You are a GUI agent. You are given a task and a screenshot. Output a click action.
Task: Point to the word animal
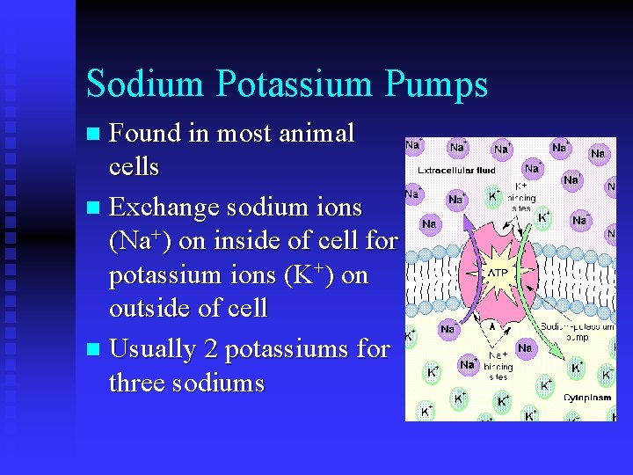coord(311,134)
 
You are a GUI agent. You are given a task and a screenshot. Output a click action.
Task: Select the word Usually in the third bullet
coord(153,349)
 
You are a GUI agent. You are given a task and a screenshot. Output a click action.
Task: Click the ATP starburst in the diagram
coord(497,273)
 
